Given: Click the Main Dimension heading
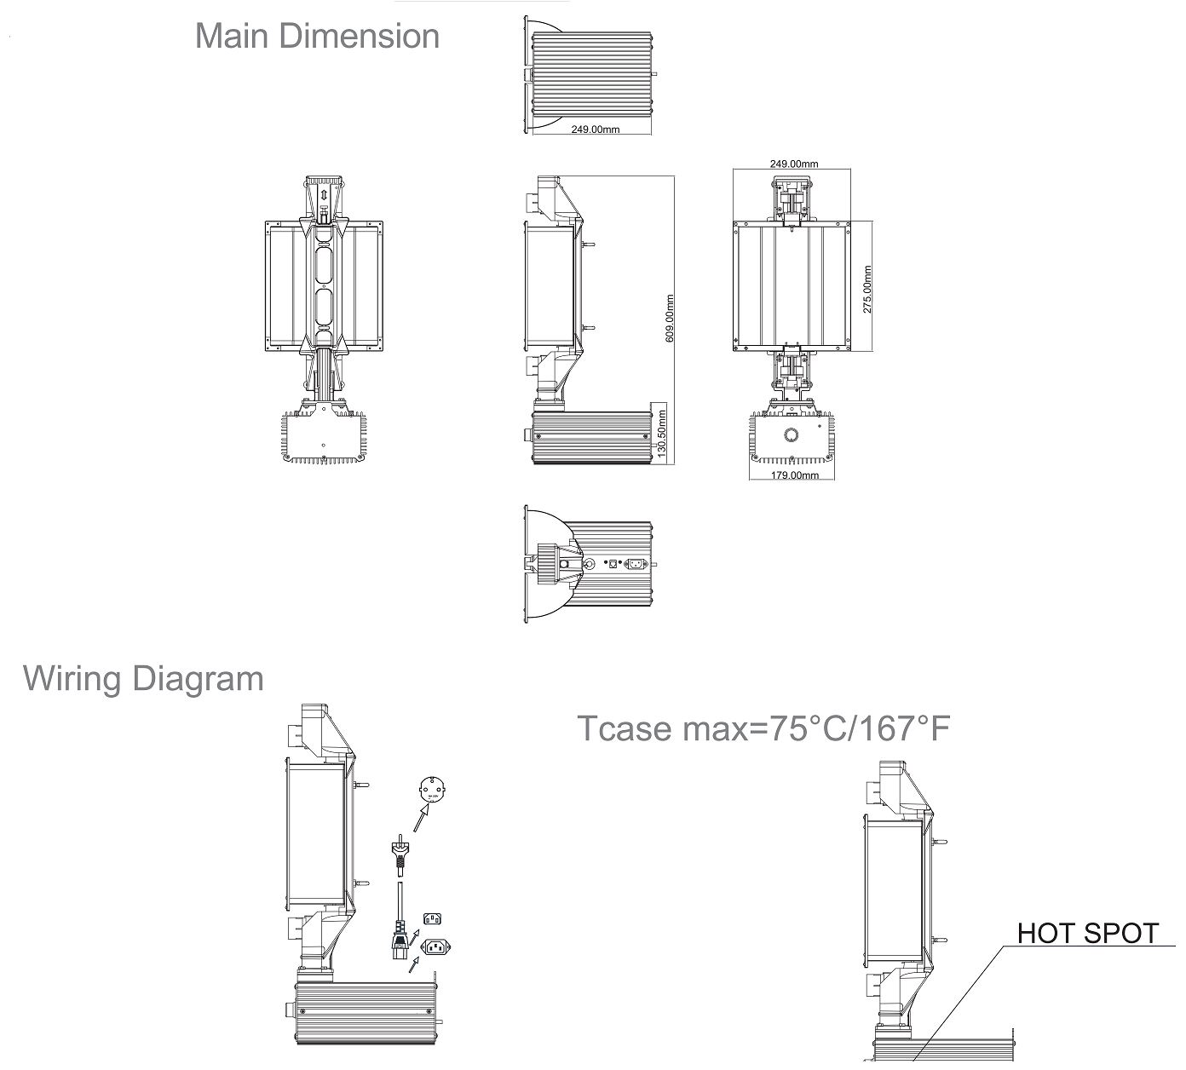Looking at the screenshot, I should [317, 37].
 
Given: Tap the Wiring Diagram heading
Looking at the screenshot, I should [143, 679].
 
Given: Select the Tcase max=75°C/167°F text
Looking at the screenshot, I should [763, 728].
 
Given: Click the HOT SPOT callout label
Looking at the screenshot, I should [1088, 933].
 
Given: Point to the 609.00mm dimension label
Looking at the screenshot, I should [669, 319].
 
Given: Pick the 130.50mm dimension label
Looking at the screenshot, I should [662, 435].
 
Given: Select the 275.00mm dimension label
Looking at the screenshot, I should [866, 290].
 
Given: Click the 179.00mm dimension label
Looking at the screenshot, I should [795, 475].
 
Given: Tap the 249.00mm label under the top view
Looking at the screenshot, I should [595, 129].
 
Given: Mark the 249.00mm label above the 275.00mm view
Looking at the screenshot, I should [794, 164].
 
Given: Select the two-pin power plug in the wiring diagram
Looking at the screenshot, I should [397, 852].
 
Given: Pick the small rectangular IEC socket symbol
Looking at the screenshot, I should [433, 918].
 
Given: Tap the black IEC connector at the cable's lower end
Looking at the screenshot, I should [399, 941].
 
